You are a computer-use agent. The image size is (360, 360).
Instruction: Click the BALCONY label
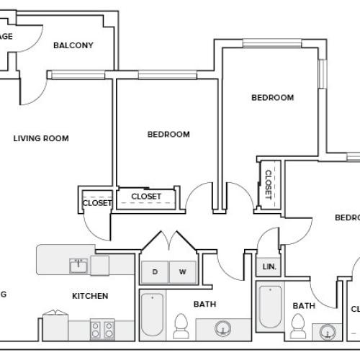(73, 45)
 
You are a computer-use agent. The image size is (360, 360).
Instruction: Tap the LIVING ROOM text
(41, 138)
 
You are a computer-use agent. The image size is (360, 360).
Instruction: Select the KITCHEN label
(89, 296)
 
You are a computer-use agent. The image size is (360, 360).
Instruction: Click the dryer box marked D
(154, 271)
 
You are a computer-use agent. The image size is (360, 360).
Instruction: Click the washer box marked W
(182, 271)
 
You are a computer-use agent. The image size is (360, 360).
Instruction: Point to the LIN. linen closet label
(268, 266)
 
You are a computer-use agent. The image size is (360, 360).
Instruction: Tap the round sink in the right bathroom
(328, 333)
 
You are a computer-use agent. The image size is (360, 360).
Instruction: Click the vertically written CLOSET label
(269, 184)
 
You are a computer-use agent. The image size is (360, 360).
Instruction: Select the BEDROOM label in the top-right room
(272, 97)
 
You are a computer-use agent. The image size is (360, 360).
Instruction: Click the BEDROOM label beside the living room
(168, 134)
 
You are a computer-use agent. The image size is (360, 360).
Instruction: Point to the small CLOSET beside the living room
(96, 203)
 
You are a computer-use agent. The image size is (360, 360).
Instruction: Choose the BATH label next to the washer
(206, 305)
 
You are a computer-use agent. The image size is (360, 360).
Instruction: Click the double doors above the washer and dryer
(168, 243)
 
